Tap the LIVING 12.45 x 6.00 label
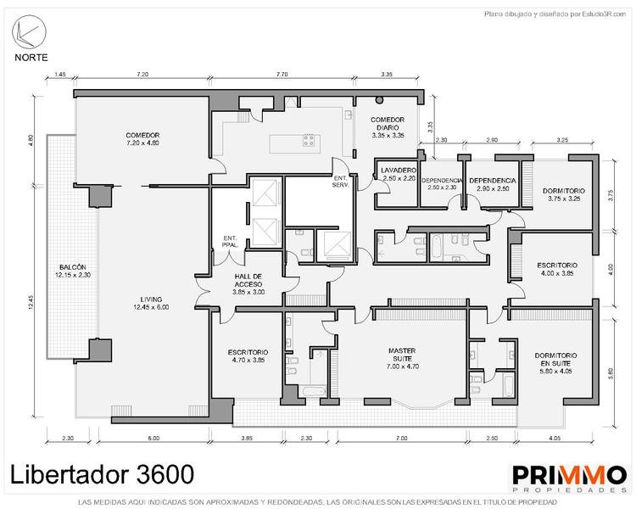(x=151, y=303)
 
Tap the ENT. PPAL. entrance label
(x=230, y=242)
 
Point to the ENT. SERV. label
(x=340, y=182)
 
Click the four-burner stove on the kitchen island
(x=309, y=141)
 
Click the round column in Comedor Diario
(x=379, y=100)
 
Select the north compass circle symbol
(x=29, y=32)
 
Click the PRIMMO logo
(x=569, y=478)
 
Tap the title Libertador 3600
(x=102, y=474)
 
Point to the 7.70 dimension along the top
(x=282, y=75)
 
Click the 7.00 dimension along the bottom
(x=402, y=438)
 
